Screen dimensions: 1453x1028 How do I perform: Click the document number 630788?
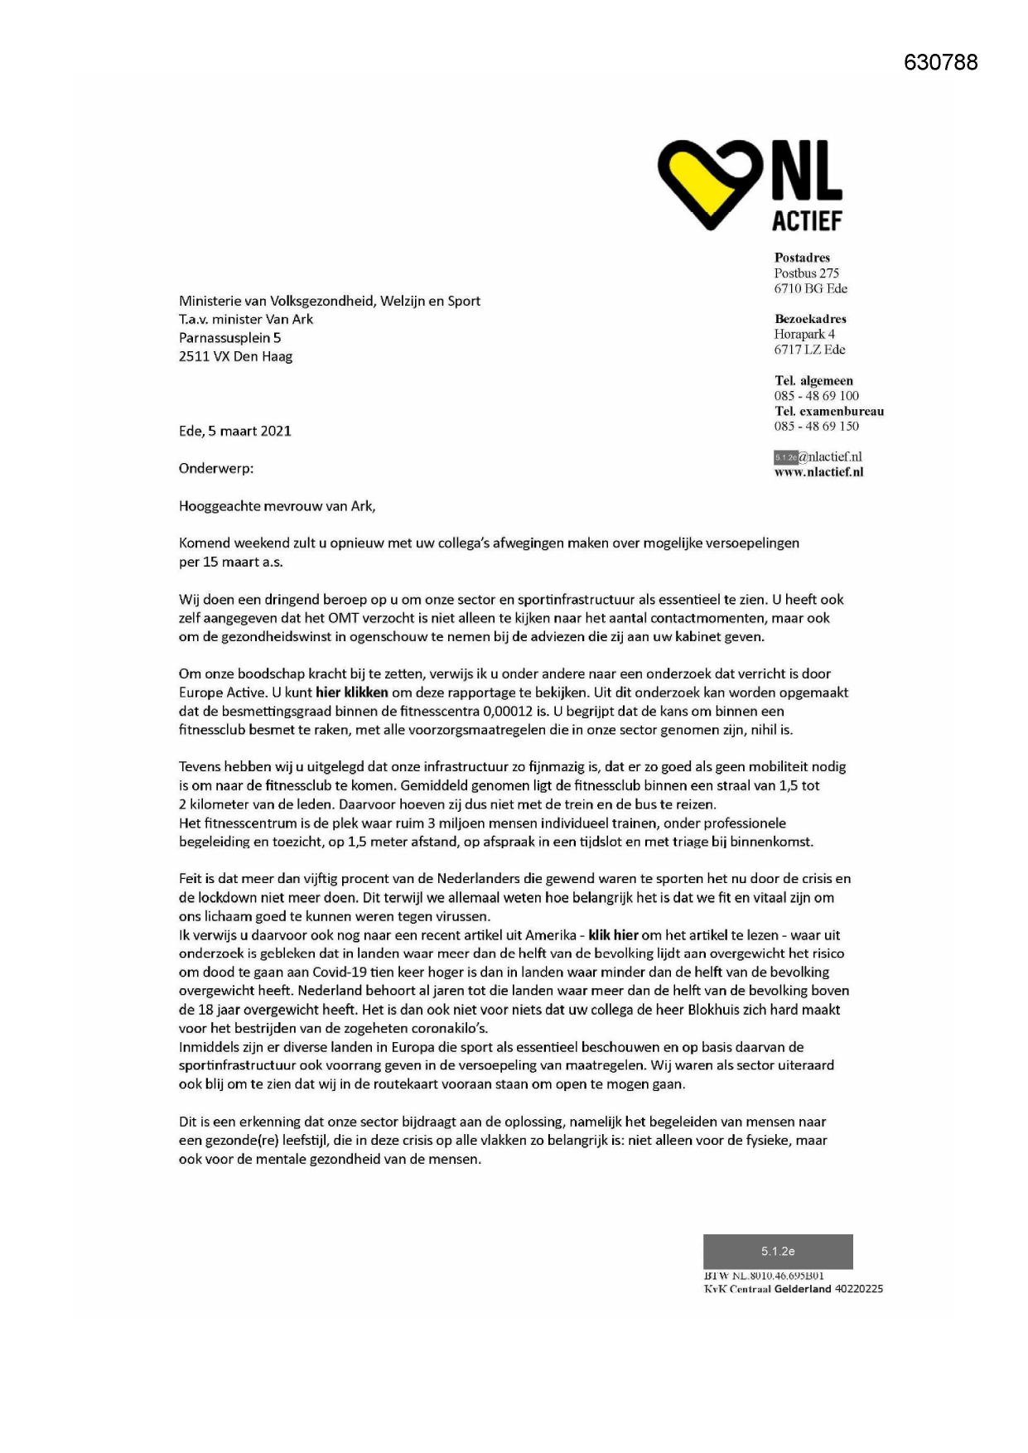940,62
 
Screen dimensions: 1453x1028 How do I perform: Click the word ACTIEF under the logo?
807,221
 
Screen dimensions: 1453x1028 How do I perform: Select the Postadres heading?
802,258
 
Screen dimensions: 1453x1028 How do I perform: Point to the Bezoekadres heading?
810,319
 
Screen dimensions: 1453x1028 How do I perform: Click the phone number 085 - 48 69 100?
816,396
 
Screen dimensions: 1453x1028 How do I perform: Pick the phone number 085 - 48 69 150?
816,427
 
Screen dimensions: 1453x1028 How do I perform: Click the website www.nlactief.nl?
818,472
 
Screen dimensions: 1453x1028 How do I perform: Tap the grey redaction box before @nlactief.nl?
785,457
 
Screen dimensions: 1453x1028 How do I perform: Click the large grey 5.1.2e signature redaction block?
778,1251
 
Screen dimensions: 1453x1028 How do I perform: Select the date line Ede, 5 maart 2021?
235,431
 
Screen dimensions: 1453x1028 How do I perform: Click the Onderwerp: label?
216,468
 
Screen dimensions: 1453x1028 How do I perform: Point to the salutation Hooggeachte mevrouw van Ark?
277,506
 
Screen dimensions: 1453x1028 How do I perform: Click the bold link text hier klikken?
352,693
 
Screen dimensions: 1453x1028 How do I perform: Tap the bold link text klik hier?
613,935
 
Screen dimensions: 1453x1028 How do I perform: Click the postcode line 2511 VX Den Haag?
235,356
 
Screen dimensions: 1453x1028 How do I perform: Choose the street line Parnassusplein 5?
229,338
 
